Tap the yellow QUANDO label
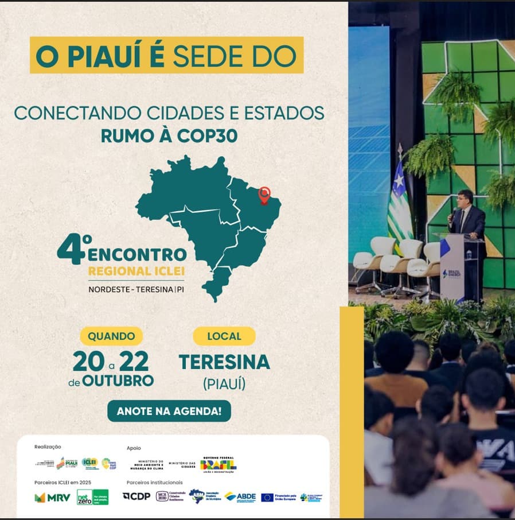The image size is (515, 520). pyautogui.click(x=111, y=336)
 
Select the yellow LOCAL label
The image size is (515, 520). pyautogui.click(x=224, y=336)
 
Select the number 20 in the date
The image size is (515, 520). pyautogui.click(x=88, y=362)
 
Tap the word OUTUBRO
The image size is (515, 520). pyautogui.click(x=118, y=381)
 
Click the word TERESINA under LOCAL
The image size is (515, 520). pyautogui.click(x=224, y=362)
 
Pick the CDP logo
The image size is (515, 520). pyautogui.click(x=136, y=496)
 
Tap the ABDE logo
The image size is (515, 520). pyautogui.click(x=240, y=496)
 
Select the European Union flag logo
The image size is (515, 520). pyautogui.click(x=267, y=497)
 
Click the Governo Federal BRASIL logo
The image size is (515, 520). pyautogui.click(x=218, y=463)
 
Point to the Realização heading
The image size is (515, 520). pyautogui.click(x=48, y=447)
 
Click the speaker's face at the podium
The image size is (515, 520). pyautogui.click(x=465, y=199)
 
